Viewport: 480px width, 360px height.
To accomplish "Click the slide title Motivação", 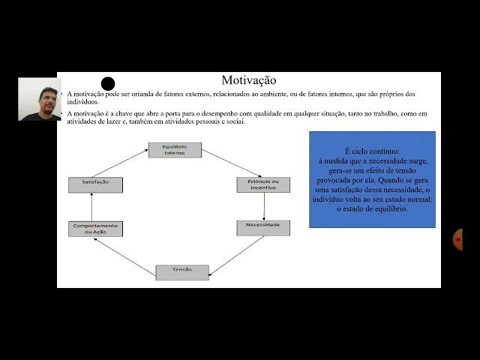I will click(249, 80).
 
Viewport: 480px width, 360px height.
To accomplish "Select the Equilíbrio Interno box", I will click(175, 150).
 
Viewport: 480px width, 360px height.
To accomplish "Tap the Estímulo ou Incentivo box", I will click(263, 184).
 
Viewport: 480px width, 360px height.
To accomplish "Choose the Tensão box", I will click(182, 272).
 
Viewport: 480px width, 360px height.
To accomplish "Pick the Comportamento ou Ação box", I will click(95, 229).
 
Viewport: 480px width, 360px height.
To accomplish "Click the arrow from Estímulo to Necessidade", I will click(264, 206).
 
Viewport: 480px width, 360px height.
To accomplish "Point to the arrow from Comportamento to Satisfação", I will click(91, 206).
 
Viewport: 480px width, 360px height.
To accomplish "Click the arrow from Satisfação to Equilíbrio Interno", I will click(120, 163).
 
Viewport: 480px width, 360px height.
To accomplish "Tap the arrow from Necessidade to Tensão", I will click(237, 255).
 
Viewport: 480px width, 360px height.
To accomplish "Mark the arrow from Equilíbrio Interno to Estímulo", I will click(231, 163).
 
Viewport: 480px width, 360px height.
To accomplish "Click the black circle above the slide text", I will click(108, 84).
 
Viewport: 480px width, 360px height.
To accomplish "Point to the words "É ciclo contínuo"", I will click(372, 151).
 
